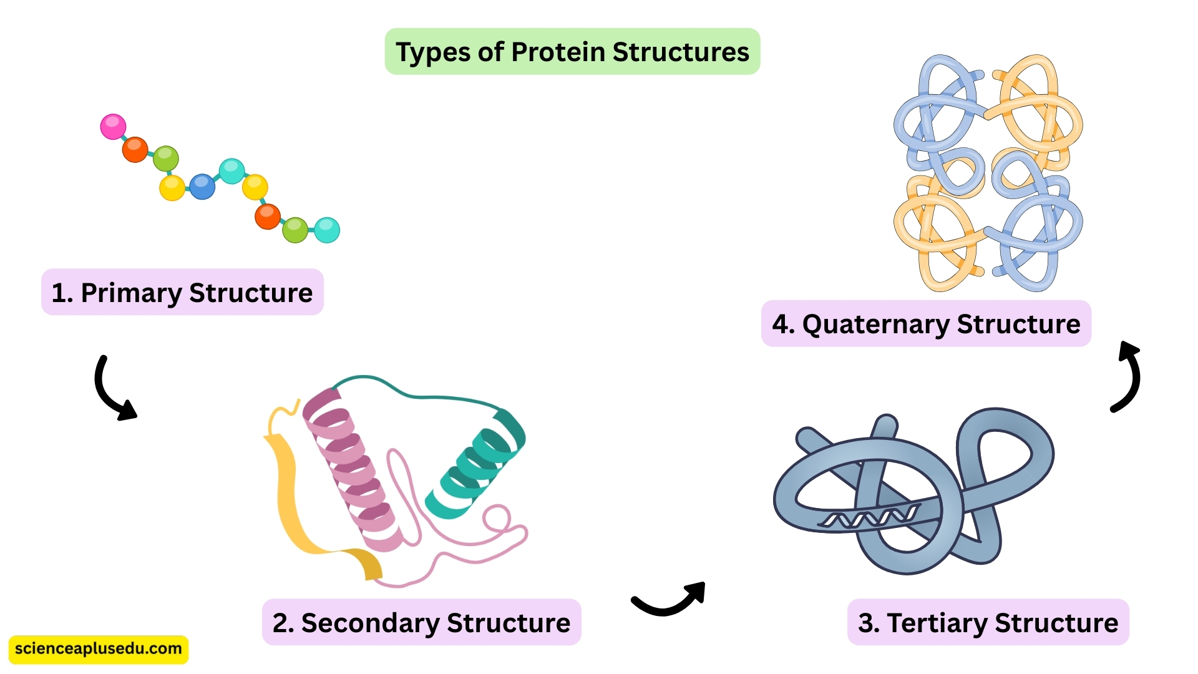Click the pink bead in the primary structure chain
coord(113,127)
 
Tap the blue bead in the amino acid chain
coord(202,187)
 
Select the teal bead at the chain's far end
coord(327,230)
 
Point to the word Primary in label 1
coord(131,293)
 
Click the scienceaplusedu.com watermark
coord(98,649)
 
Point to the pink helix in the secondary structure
coord(353,468)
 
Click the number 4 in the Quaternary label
coord(779,325)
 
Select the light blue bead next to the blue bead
coord(231,171)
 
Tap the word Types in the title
coord(433,52)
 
